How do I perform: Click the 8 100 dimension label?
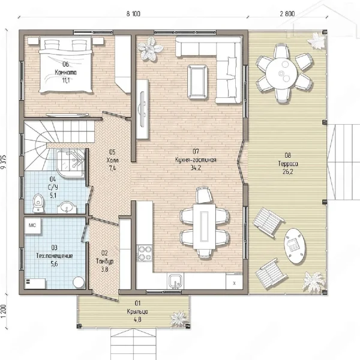point(133,14)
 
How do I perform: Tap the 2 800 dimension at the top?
point(287,14)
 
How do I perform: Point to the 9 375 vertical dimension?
point(4,162)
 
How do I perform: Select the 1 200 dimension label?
point(3,311)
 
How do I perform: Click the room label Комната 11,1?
point(65,73)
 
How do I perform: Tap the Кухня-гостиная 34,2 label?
point(196,160)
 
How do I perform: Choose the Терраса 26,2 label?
point(288,163)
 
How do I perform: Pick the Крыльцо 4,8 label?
point(137,311)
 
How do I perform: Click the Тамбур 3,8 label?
point(104,261)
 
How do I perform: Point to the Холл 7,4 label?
point(112,160)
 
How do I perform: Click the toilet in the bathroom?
point(38,203)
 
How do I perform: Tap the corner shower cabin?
point(71,163)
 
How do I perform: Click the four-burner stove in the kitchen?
point(145,253)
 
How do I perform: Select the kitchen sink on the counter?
point(176,281)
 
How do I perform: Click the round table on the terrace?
point(281,73)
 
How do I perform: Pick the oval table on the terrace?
point(295,246)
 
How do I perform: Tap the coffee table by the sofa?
point(197,82)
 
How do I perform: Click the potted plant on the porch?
point(179,319)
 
